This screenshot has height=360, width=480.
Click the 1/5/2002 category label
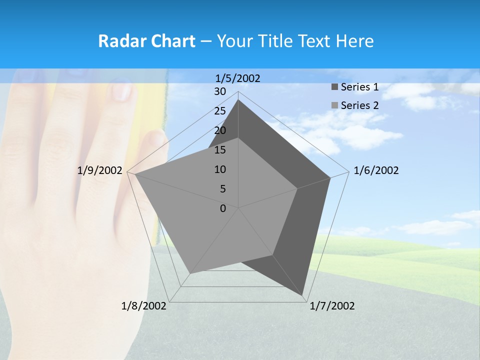point(238,78)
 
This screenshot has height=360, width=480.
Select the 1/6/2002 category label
point(376,170)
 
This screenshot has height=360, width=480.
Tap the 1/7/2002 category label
point(332,306)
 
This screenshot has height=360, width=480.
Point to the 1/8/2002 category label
point(144,306)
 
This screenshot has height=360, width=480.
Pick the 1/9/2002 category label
point(100,170)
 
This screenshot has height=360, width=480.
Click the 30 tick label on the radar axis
point(220,91)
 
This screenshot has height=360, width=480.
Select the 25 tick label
point(220,111)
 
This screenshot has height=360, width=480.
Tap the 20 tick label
point(220,130)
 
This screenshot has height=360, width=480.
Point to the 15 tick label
point(220,150)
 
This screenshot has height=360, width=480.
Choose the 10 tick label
point(220,169)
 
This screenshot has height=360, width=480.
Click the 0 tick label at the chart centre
point(223,208)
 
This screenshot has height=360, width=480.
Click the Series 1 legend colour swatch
point(334,87)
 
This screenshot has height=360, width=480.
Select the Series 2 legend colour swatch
point(334,105)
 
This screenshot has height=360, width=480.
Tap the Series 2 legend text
point(359,105)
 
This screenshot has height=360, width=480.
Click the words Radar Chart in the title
point(146,41)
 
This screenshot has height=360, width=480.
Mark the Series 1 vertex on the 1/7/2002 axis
point(303,294)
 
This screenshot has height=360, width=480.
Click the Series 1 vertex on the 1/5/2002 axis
point(238,100)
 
